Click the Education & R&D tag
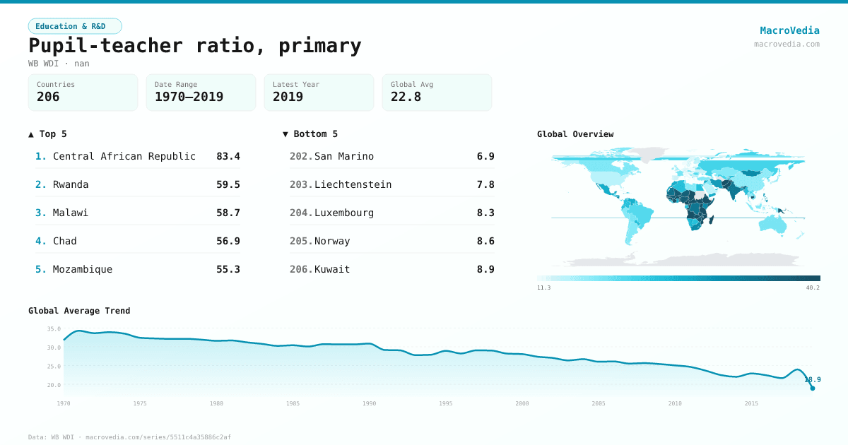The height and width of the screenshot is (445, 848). [75, 26]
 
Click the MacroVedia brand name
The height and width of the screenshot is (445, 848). [789, 30]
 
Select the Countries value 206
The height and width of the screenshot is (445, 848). [48, 97]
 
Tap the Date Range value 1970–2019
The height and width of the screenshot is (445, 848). [189, 97]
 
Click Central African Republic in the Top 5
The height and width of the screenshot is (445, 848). [124, 156]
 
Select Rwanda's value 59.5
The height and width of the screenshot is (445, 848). [228, 184]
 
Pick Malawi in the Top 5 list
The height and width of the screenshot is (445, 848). [71, 213]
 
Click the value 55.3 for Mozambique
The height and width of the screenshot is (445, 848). [228, 269]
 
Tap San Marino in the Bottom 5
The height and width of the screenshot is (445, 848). [344, 156]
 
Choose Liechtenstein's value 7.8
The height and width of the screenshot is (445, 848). [485, 184]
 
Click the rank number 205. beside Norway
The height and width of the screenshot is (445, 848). [301, 241]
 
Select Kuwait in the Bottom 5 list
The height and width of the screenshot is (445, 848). [332, 269]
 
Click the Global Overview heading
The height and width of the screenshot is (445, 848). [575, 134]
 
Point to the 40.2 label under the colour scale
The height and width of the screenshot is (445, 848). [813, 287]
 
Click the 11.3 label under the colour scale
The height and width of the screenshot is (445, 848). [543, 287]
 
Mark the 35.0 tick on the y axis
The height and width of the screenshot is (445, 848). [54, 329]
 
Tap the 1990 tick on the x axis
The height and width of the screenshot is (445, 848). [369, 403]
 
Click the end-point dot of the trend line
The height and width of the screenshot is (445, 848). [812, 388]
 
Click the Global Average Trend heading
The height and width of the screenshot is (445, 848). [79, 311]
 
